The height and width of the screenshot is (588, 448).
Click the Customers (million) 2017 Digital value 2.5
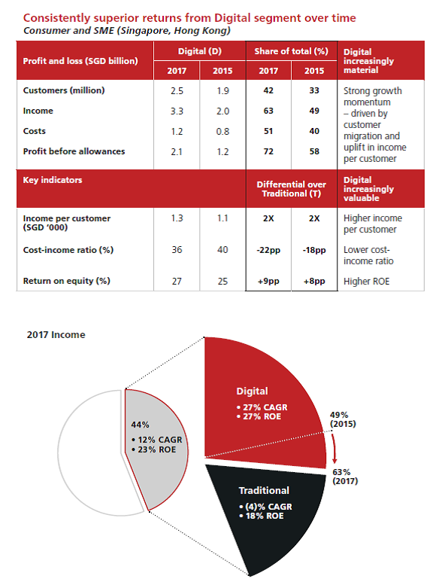177,91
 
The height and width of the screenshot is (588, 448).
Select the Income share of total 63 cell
268,111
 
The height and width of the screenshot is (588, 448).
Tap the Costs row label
34,131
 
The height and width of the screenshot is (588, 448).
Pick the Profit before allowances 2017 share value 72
268,151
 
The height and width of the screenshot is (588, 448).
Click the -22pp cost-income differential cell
268,250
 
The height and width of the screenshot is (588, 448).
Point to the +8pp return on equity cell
314,282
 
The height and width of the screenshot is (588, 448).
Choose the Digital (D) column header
199,51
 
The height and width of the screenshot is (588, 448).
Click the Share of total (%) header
291,51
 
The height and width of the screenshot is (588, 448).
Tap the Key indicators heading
53,180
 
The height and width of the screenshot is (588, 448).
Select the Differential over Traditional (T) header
291,189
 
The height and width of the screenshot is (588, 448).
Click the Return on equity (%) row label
67,281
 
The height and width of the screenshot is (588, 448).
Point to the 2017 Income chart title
56,335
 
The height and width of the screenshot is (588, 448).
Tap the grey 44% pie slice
157,450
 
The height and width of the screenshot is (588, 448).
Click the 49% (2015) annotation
343,419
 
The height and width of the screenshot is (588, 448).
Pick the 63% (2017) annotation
345,477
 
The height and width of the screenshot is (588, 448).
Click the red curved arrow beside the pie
333,446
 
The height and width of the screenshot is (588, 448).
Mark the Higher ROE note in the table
366,282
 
